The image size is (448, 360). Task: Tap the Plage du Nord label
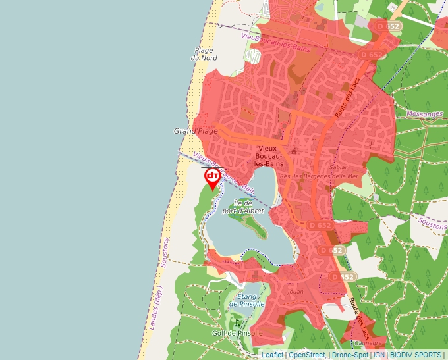coord(204,54)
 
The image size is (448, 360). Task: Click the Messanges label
coord(425,114)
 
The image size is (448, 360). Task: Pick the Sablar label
coord(337,168)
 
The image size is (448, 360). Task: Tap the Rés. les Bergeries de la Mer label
coord(319,176)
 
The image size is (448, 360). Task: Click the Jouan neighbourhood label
coord(295,290)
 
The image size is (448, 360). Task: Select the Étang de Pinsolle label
coord(247,300)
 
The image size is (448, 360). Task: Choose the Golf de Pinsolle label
coord(237,333)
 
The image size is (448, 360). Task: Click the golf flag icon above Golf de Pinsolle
coord(237,322)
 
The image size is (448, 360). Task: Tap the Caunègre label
coord(368,343)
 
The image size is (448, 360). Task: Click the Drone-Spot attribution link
coord(350,355)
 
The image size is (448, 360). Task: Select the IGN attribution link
coord(379,355)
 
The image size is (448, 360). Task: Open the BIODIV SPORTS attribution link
coord(416,355)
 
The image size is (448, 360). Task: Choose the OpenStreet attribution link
coord(306,355)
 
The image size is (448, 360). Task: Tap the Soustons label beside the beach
coord(165,251)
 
